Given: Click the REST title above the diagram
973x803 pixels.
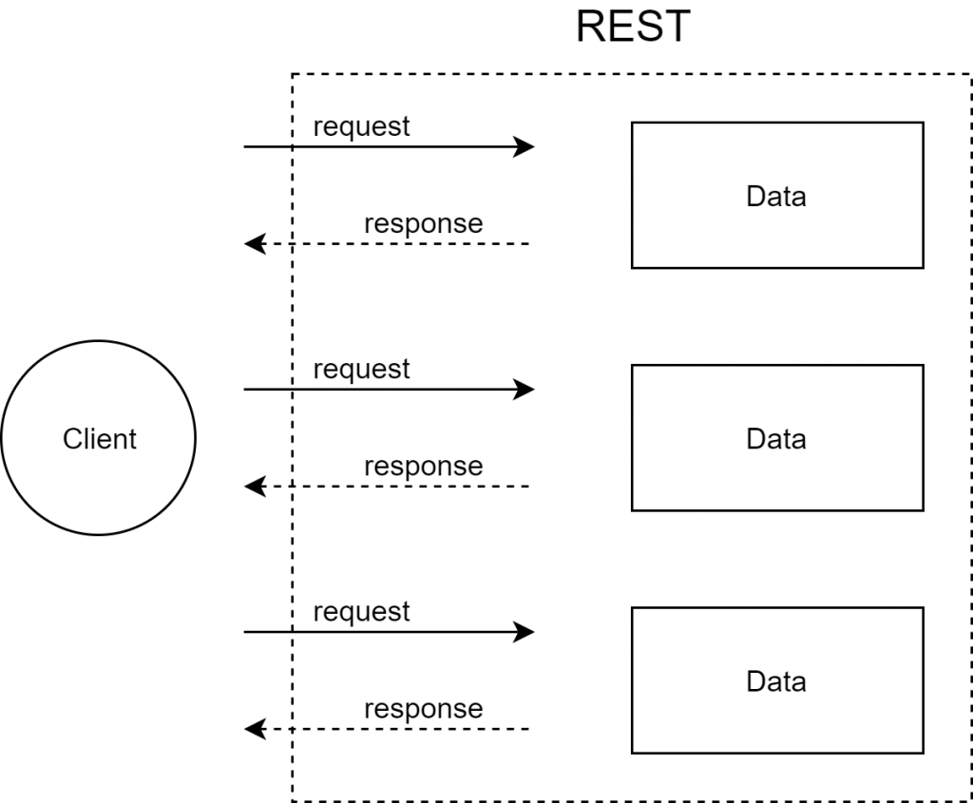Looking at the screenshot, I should (632, 28).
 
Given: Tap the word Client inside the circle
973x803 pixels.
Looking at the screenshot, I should (100, 439).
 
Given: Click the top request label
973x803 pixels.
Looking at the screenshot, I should (361, 126).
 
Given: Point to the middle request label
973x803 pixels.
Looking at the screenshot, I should (361, 369).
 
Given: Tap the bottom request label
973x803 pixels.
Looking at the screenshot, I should (361, 612).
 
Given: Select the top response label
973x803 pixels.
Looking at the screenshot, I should (423, 224).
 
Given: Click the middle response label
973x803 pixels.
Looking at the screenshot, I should (423, 467).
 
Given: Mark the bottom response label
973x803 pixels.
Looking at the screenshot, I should (423, 709).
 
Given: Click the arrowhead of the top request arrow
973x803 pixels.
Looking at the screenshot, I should (525, 146).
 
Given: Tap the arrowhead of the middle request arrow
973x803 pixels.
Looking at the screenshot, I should (525, 389).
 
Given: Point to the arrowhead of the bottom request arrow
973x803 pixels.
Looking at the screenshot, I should (525, 631).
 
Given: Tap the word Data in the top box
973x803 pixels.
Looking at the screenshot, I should (776, 197).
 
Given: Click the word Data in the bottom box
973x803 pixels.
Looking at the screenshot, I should (776, 681).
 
